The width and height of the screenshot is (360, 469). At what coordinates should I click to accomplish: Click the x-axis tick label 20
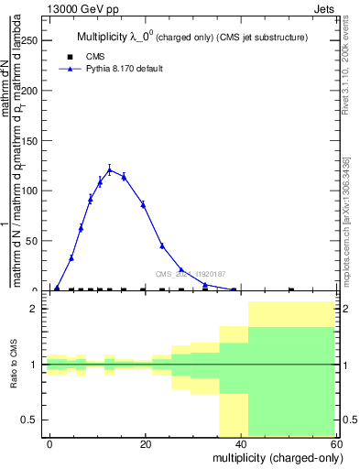[145, 443]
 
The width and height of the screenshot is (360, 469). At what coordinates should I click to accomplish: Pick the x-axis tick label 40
[240, 443]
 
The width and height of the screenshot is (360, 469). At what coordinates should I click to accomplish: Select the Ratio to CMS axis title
[14, 365]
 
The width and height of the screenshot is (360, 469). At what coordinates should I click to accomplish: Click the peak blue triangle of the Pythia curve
[110, 169]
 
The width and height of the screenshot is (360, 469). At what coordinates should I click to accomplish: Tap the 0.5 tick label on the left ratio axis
[32, 420]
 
